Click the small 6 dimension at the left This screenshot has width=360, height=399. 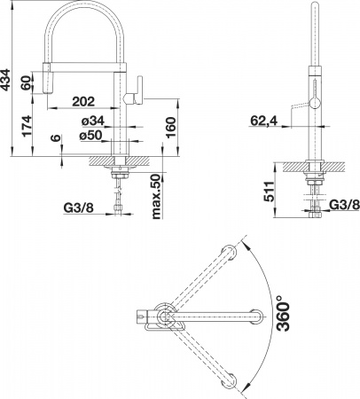(x=55, y=140)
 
